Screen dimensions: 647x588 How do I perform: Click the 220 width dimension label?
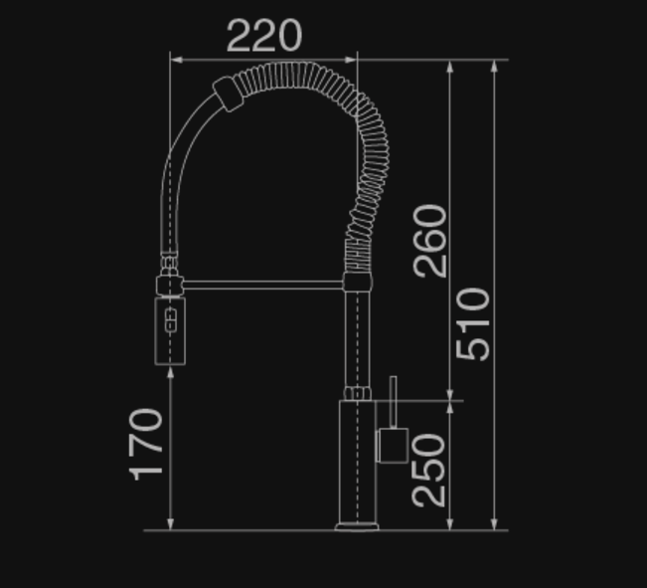click(264, 36)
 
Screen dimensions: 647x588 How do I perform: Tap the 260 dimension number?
click(430, 241)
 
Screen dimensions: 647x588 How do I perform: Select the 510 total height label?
click(473, 324)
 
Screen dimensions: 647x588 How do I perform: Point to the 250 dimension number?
click(428, 471)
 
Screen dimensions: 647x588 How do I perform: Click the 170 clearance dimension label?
click(146, 445)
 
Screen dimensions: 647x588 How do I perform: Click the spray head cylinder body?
click(170, 331)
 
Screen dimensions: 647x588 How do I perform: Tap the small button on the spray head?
click(171, 320)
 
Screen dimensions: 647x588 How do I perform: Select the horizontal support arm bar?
click(262, 285)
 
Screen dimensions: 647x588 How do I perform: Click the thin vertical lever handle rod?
click(394, 402)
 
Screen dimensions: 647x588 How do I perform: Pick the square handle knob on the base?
click(393, 446)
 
